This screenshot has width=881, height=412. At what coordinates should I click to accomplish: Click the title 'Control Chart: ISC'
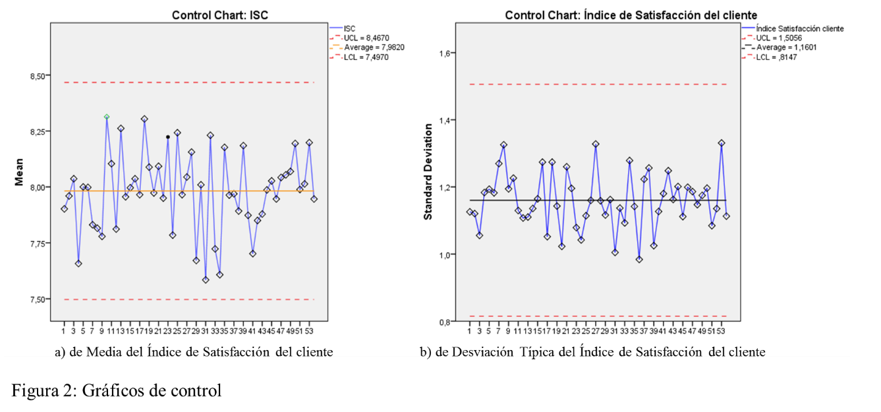(220, 15)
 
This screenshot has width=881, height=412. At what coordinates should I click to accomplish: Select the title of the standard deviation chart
(631, 15)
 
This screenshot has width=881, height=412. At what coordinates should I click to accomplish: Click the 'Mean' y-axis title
(20, 171)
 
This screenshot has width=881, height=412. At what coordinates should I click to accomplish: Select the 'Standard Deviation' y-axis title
(428, 171)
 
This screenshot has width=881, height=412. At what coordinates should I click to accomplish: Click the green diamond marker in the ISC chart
(107, 117)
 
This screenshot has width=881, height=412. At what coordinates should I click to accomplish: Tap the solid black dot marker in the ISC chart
(168, 137)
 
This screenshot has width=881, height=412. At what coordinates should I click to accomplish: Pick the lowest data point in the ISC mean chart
(206, 280)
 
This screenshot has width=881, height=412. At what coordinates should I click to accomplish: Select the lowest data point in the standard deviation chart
(639, 259)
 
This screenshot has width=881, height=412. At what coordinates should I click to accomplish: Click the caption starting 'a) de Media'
(194, 351)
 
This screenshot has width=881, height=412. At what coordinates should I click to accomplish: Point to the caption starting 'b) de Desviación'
(592, 351)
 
